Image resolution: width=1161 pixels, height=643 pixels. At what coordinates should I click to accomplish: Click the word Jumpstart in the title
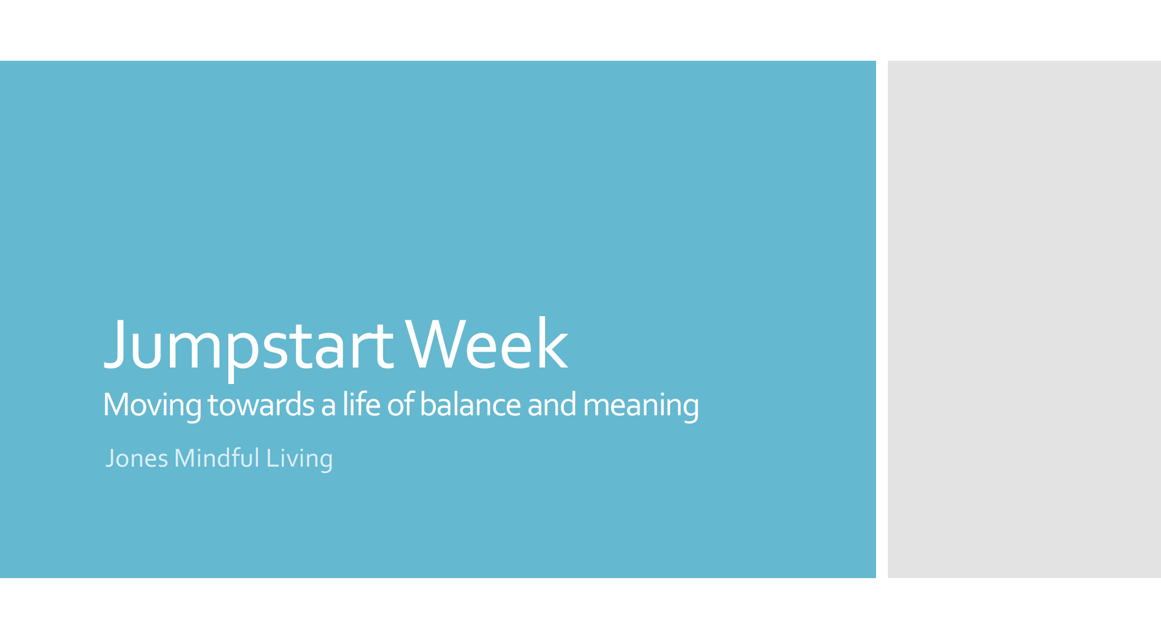248,345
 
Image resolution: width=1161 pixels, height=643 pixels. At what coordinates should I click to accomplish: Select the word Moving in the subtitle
152,405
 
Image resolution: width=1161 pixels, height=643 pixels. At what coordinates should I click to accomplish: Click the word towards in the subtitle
261,405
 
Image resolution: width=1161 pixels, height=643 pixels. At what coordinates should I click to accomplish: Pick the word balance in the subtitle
470,405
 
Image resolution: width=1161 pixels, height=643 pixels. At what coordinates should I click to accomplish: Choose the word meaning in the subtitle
641,406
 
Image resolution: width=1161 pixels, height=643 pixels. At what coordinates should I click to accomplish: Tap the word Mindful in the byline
217,458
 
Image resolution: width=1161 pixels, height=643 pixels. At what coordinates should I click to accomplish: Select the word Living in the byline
299,459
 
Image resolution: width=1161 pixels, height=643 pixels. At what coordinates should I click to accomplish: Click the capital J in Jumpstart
116,345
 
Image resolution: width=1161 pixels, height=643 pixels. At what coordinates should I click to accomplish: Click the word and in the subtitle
552,405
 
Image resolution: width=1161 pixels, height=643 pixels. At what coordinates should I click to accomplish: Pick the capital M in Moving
116,405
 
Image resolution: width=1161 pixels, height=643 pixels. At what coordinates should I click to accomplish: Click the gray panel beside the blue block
1024,319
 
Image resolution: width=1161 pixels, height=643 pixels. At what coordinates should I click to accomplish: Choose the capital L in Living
271,458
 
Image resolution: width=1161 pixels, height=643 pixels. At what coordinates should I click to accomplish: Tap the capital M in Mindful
184,458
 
